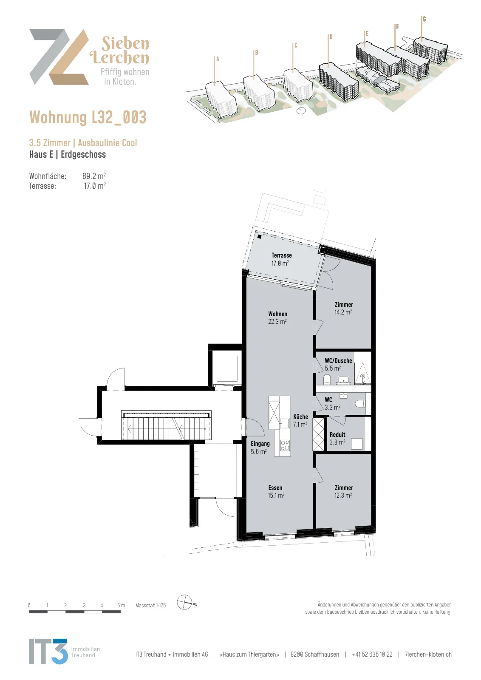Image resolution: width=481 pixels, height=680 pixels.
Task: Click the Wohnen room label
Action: click(x=277, y=317)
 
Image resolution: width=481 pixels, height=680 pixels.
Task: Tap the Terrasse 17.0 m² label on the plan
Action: click(x=281, y=259)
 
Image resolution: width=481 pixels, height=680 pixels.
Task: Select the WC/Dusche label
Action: click(x=338, y=364)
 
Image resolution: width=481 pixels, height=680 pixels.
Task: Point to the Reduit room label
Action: click(x=337, y=438)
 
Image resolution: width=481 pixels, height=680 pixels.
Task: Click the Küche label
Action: click(x=300, y=420)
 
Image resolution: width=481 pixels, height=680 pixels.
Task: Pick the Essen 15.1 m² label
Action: click(x=276, y=491)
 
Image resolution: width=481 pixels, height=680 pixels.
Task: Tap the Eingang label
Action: click(x=260, y=448)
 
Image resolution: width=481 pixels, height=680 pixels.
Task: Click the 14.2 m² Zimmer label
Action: click(x=343, y=308)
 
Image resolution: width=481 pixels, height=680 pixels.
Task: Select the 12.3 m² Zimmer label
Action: click(x=343, y=491)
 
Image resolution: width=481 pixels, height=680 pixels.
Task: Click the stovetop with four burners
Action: click(x=285, y=445)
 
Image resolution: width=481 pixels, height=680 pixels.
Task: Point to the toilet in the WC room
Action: click(x=360, y=403)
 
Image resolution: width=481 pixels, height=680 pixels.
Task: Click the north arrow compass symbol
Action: click(x=185, y=603)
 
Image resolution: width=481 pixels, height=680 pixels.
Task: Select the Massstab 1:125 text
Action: click(x=150, y=605)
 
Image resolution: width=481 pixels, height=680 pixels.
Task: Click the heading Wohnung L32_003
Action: click(x=88, y=117)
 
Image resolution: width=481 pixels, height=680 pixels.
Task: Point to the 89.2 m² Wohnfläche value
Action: click(x=94, y=176)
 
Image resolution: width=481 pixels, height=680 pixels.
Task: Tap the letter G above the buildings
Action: click(x=424, y=19)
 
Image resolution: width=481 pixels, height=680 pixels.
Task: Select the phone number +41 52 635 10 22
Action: click(x=372, y=654)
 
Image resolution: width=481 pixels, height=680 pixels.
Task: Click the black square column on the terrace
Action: click(x=259, y=236)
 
